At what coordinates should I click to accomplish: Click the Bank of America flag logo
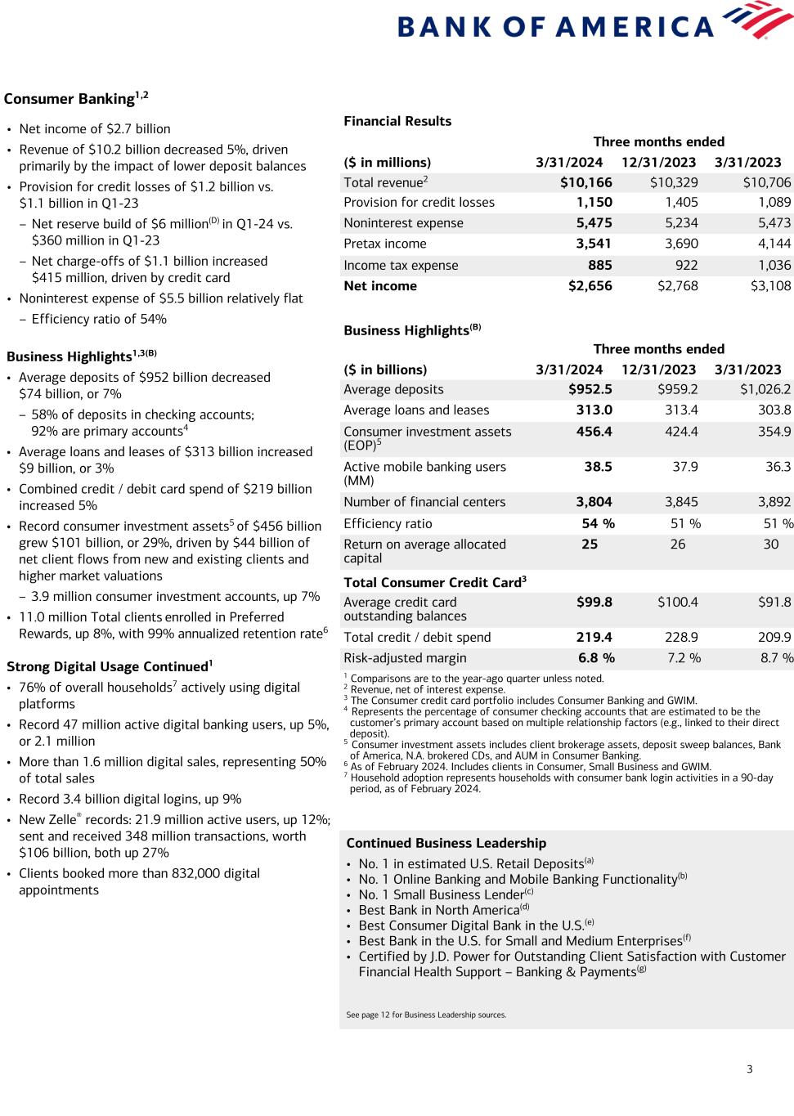(x=761, y=20)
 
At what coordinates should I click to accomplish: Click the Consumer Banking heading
(x=70, y=99)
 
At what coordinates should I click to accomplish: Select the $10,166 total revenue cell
(x=585, y=182)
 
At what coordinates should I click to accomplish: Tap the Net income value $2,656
(x=590, y=286)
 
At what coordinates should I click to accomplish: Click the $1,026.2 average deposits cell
(x=765, y=390)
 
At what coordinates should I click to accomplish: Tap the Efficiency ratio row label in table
(x=388, y=524)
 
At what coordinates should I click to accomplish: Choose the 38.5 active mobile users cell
(x=598, y=467)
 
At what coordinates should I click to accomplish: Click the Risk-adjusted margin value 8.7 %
(x=775, y=658)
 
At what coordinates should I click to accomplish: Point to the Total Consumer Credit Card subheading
(x=434, y=583)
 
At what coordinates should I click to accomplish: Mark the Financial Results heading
(x=397, y=121)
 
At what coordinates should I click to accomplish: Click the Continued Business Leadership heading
(x=446, y=843)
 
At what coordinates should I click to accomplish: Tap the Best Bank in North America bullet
(x=440, y=910)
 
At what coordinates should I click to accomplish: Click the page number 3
(x=749, y=1069)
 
